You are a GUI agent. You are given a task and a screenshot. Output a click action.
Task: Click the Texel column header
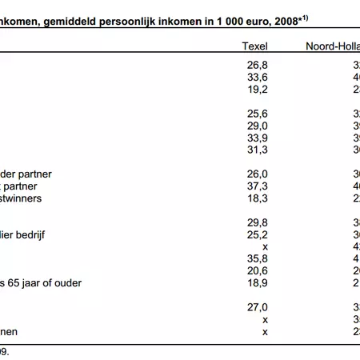254,46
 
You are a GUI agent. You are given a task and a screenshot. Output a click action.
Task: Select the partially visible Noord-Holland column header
332,46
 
